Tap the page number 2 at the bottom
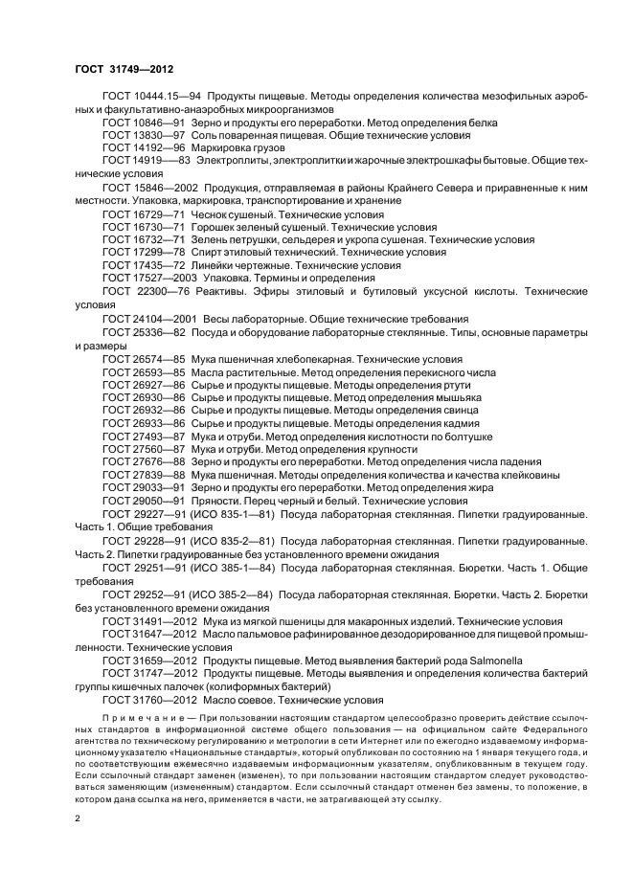[78, 819]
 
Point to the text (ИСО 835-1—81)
[232, 512]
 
